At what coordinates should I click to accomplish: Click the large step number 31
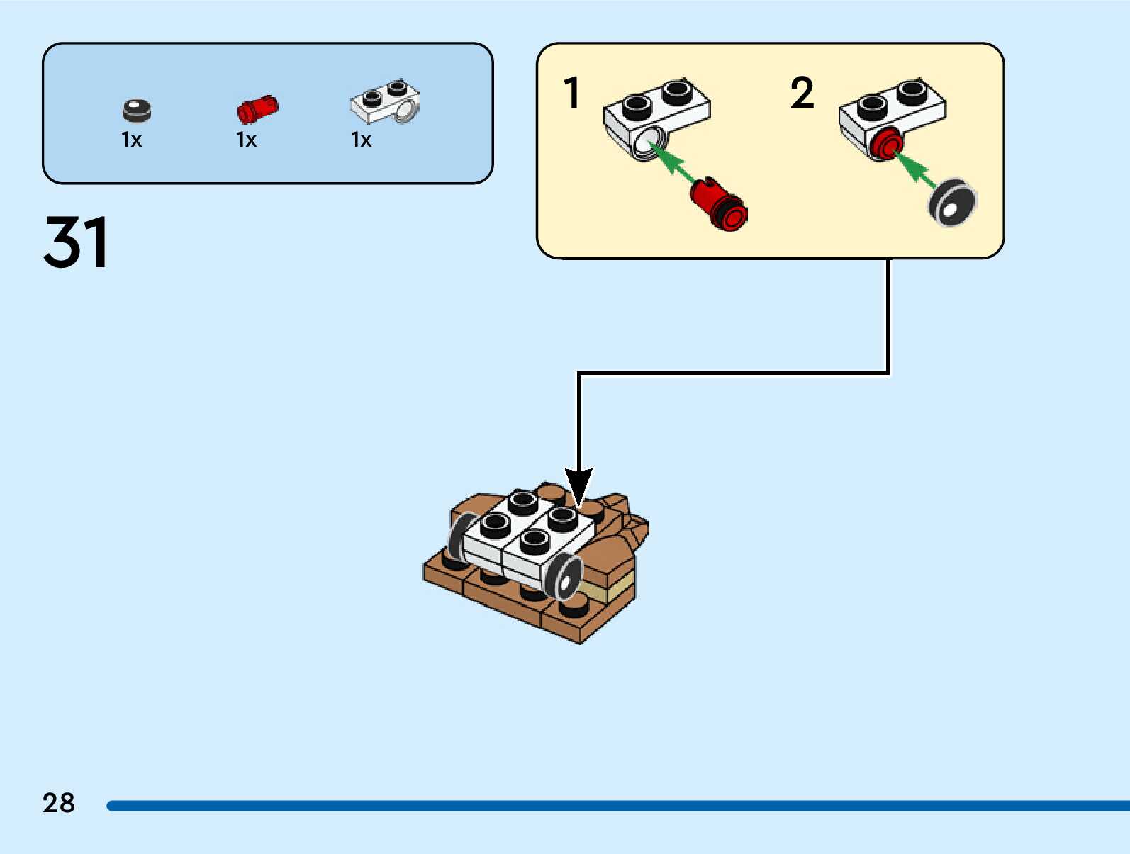tap(76, 242)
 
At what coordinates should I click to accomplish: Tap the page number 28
tap(59, 803)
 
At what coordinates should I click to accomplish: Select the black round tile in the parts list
tap(137, 111)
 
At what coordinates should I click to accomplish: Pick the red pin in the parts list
tap(257, 109)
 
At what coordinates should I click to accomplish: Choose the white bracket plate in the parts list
tap(385, 102)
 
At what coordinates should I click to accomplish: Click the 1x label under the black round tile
tap(132, 140)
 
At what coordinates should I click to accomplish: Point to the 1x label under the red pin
tap(247, 140)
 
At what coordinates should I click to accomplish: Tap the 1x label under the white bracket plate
tap(362, 140)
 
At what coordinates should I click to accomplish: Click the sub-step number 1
tap(572, 93)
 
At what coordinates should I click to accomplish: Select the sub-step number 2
tap(802, 93)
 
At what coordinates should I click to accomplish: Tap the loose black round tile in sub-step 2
tap(953, 203)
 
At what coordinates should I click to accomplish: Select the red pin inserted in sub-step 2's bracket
tap(886, 145)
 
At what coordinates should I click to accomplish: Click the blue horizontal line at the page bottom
tap(617, 806)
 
